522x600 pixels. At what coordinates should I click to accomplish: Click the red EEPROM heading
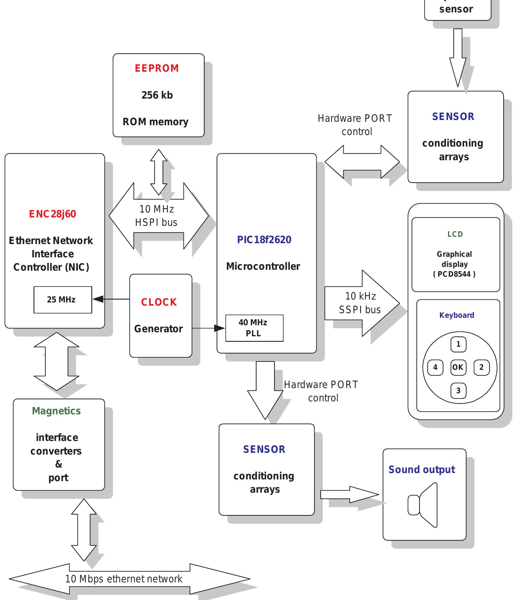[x=157, y=68]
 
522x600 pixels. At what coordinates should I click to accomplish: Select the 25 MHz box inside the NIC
[x=63, y=300]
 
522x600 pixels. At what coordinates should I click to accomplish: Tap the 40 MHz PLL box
[x=254, y=328]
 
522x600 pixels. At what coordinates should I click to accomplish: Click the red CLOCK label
[x=159, y=302]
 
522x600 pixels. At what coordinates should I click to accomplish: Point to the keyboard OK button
[x=458, y=367]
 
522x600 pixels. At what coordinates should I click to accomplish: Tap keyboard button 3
[x=458, y=390]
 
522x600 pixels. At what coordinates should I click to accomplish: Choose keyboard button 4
[x=435, y=367]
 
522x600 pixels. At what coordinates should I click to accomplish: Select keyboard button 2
[x=481, y=367]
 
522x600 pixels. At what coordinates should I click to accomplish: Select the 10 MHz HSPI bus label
[x=156, y=216]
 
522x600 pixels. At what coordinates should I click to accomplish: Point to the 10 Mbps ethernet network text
[x=124, y=579]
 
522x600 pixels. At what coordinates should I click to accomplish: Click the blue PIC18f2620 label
[x=264, y=239]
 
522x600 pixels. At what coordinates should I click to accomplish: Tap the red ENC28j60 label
[x=52, y=214]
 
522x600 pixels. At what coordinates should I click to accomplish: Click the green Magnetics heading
[x=56, y=411]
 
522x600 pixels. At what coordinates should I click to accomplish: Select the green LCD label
[x=455, y=234]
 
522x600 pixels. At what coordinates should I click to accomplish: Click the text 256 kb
[x=157, y=95]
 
